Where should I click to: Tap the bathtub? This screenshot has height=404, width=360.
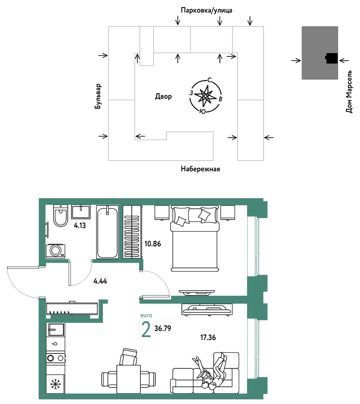(107, 232)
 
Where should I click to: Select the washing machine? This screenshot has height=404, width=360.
(55, 251)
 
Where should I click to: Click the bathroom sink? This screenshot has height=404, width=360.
(81, 212)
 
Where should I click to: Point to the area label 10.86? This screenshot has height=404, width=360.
(153, 244)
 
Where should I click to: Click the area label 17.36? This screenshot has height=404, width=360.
(208, 337)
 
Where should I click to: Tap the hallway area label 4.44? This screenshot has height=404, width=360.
(100, 281)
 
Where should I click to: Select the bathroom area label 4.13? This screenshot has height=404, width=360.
(80, 226)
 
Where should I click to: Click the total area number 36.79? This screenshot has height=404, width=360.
(163, 328)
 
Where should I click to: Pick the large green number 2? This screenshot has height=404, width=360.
(146, 330)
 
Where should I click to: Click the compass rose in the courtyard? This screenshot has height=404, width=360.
(206, 96)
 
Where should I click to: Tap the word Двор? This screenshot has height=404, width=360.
(164, 97)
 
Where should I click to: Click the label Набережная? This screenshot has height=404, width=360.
(200, 169)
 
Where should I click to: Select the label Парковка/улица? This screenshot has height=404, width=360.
(207, 10)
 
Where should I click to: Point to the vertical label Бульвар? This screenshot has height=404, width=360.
(98, 96)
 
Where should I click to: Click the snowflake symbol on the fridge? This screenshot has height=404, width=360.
(55, 384)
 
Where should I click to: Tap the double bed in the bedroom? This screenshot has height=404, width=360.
(195, 238)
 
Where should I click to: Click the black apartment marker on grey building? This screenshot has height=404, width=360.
(332, 58)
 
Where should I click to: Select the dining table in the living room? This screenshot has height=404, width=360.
(129, 379)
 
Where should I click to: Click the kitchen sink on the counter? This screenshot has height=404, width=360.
(56, 330)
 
